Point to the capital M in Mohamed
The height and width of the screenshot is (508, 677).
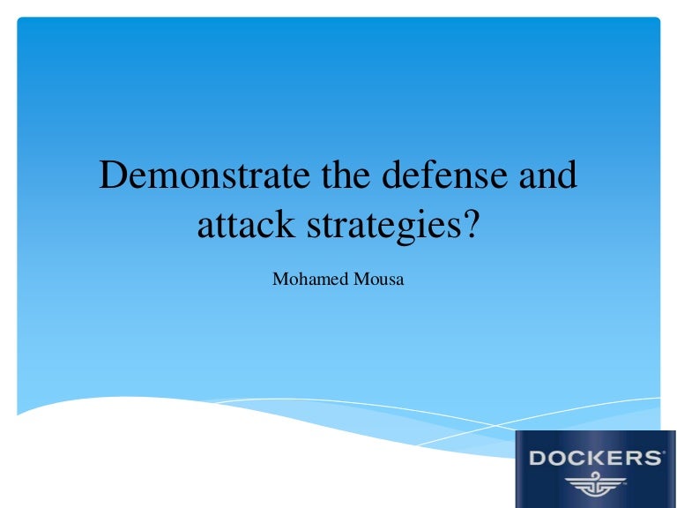(279, 280)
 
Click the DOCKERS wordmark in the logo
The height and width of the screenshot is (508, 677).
(596, 459)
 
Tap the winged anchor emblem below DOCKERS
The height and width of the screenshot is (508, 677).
(596, 485)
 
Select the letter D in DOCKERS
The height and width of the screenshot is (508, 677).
(539, 459)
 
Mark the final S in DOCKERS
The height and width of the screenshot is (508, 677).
(652, 459)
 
